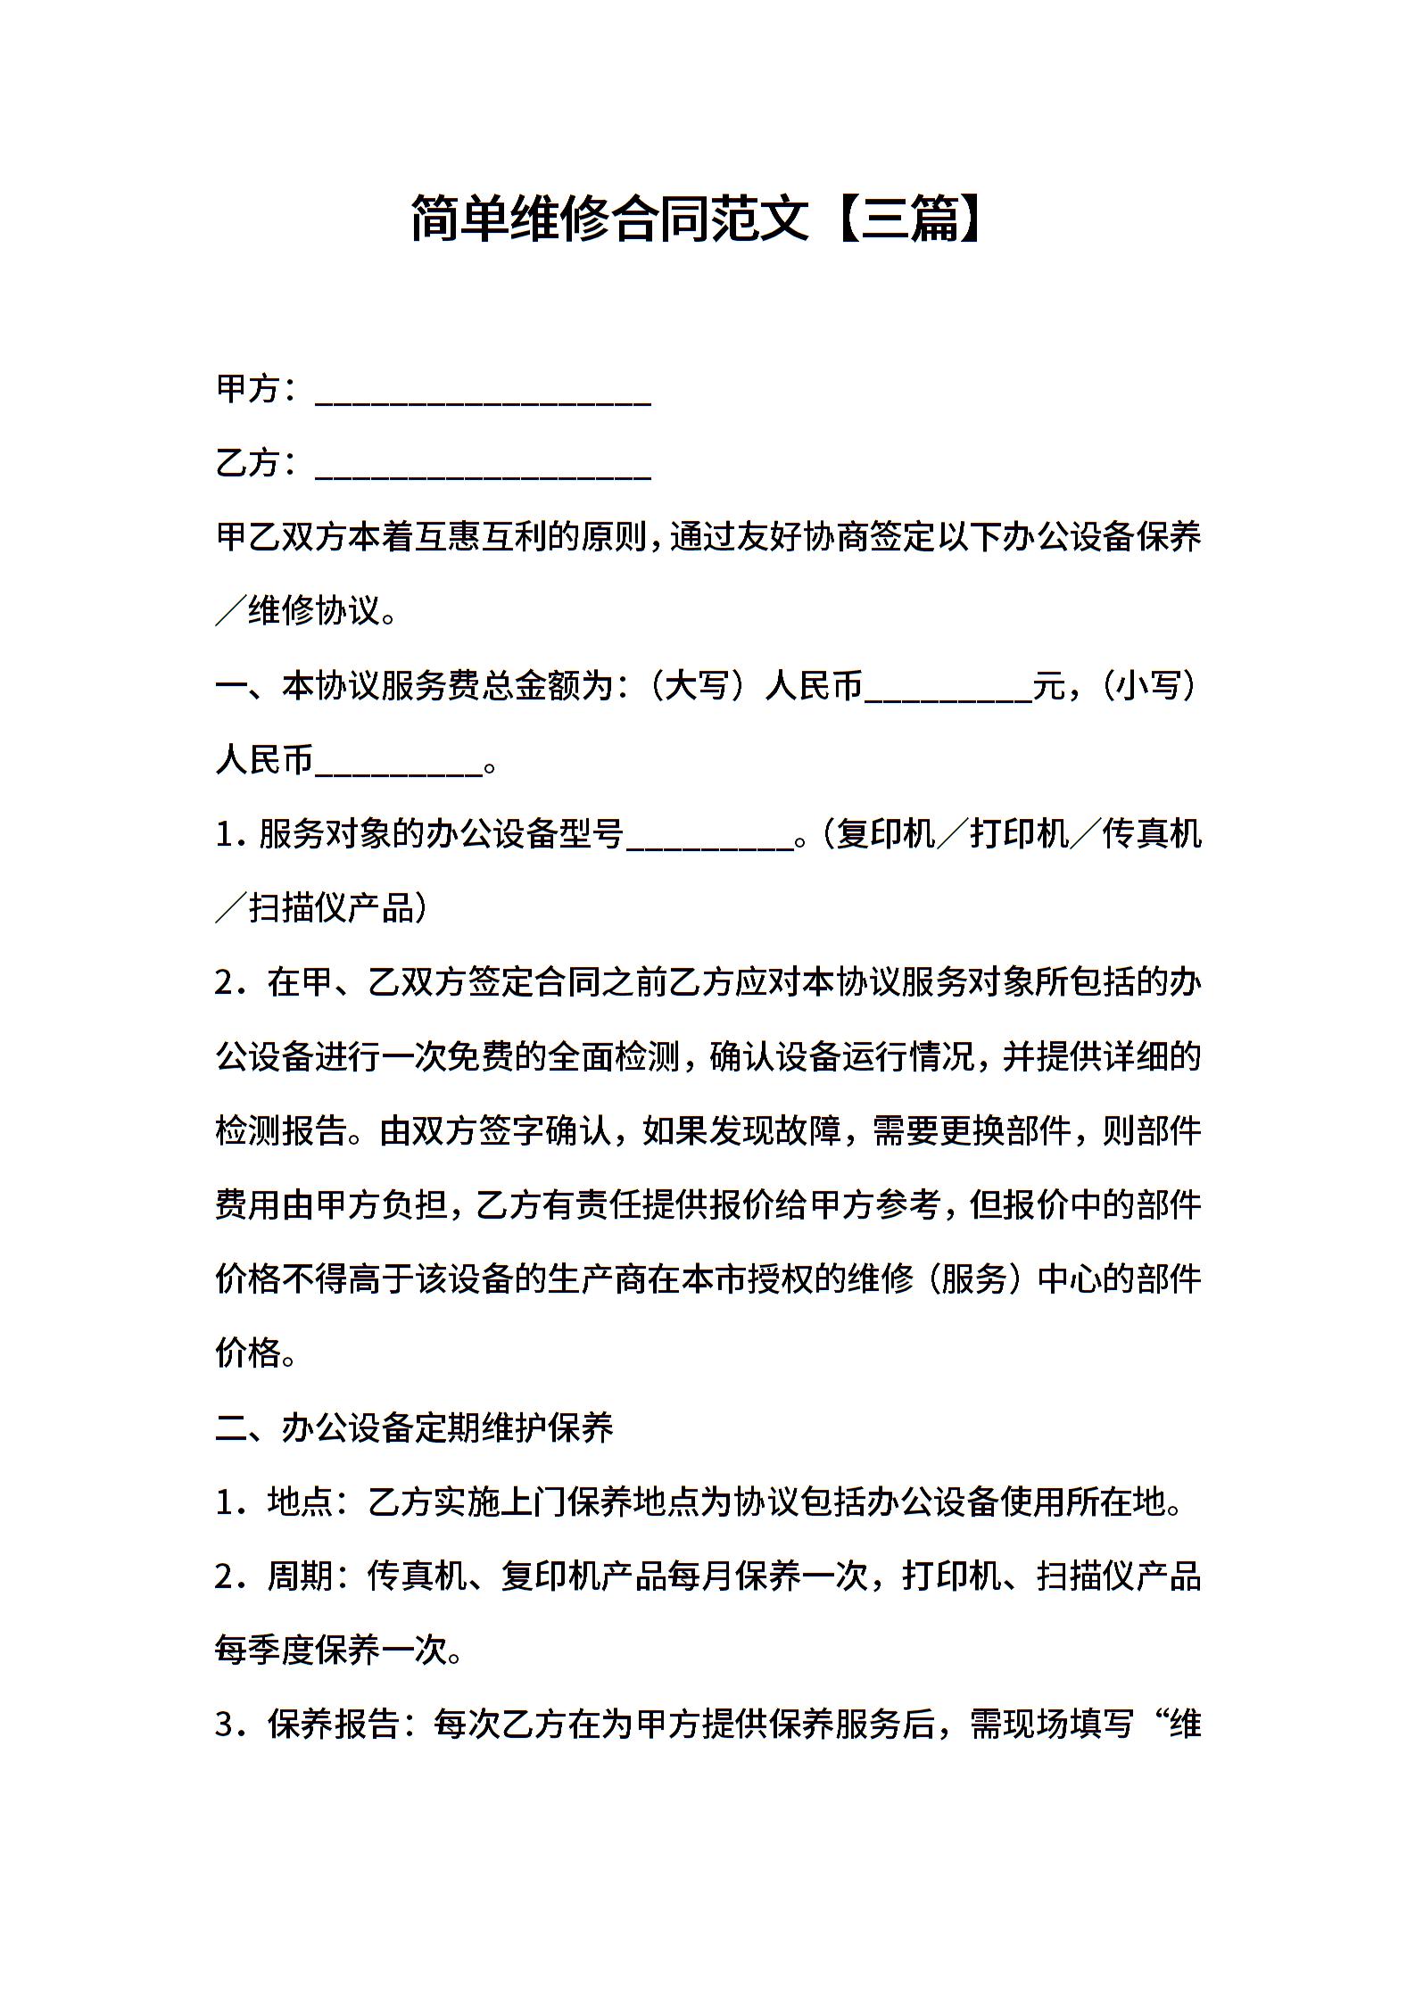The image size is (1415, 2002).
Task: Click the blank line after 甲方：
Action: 483,393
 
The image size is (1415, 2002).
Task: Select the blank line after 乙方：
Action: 483,467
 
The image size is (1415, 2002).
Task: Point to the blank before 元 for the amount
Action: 948,689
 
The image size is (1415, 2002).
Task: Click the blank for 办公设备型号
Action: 709,837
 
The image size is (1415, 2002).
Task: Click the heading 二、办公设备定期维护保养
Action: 415,1428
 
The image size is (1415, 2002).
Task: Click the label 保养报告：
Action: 342,1725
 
